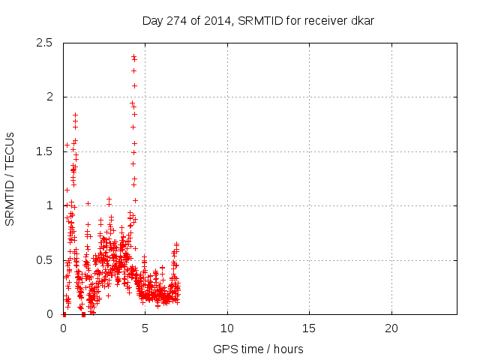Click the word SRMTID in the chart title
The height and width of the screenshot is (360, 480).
(258, 21)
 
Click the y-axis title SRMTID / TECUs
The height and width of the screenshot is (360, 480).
(10, 178)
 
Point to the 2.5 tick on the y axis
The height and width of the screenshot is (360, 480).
(45, 43)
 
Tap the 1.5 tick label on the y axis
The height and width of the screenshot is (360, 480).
(45, 151)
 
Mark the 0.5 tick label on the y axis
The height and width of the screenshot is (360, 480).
(45, 260)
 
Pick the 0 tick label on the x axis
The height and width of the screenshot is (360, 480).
(63, 328)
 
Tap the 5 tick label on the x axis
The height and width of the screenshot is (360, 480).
(145, 328)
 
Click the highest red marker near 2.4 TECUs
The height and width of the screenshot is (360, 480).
(133, 55)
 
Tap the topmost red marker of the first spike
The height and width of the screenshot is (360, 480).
(75, 114)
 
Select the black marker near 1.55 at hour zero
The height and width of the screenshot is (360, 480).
(67, 145)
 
